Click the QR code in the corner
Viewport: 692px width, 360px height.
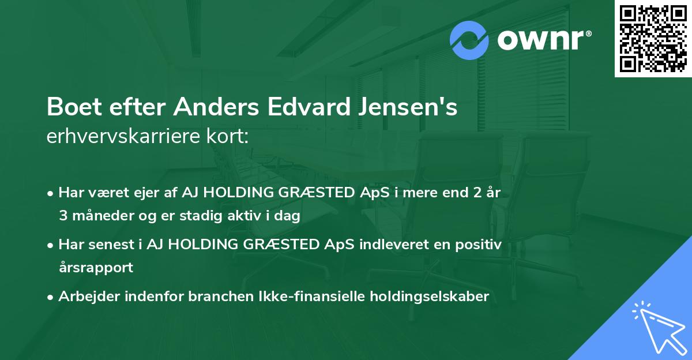coord(653,39)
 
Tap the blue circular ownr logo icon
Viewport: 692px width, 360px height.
coord(469,40)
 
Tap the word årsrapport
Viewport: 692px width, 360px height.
coord(96,268)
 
